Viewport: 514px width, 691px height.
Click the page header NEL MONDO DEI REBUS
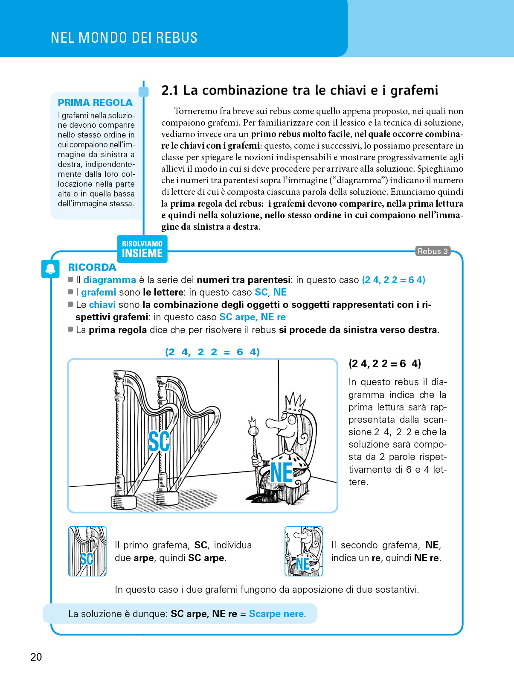(x=124, y=38)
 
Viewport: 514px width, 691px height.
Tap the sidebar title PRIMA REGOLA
(x=95, y=102)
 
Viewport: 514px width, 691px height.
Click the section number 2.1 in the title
(x=169, y=90)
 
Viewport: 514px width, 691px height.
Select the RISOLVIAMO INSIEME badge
(x=142, y=249)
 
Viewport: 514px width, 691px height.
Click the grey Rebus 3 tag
(x=433, y=251)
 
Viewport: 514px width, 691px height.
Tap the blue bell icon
(x=50, y=269)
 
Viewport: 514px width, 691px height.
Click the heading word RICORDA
(x=92, y=267)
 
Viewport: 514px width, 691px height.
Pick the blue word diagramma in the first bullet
(x=109, y=280)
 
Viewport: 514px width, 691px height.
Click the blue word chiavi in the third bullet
(x=102, y=305)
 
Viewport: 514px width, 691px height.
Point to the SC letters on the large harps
(x=159, y=441)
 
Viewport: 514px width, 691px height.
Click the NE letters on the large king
(x=282, y=473)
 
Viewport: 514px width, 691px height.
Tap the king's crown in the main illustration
(x=295, y=403)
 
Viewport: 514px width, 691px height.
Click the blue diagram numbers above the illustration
(x=212, y=352)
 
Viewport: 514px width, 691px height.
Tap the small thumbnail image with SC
(x=87, y=551)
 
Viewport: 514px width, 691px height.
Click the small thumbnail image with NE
(x=304, y=551)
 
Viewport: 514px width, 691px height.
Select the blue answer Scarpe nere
(x=276, y=614)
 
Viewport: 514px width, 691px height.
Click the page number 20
(x=36, y=657)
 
